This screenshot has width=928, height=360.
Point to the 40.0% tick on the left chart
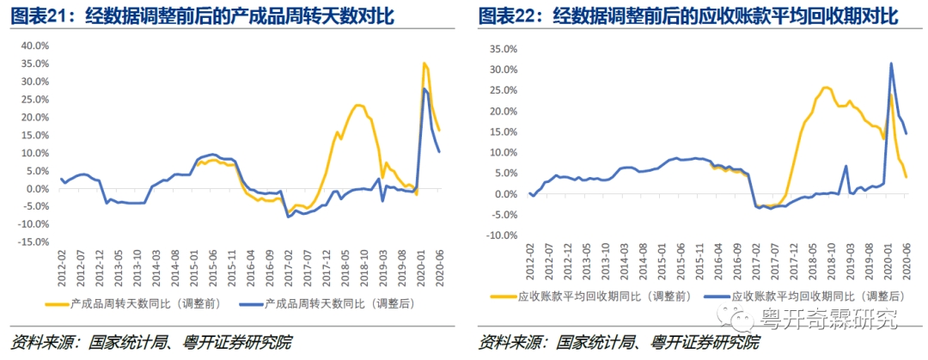(35, 46)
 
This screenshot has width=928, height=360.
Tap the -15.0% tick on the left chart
(34, 241)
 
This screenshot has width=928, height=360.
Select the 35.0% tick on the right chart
(502, 48)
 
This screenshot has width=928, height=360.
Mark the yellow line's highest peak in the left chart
(424, 64)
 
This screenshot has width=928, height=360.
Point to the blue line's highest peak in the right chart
(890, 64)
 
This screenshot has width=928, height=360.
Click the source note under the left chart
(151, 342)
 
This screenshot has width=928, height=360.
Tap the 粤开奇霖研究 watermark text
(828, 320)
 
